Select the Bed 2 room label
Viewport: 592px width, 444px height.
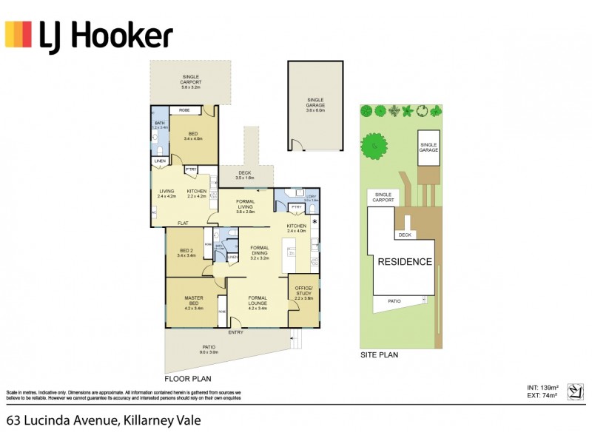(x=187, y=252)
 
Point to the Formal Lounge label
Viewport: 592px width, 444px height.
(x=259, y=300)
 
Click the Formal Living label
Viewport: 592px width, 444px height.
(x=245, y=204)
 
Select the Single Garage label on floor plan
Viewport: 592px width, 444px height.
(x=316, y=103)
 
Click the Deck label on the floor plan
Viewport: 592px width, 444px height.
(x=244, y=175)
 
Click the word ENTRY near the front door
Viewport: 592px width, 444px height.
(x=235, y=332)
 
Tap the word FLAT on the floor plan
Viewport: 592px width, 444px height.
(x=182, y=223)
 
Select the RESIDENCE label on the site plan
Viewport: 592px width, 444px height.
(x=405, y=262)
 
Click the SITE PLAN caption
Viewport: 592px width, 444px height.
(x=379, y=355)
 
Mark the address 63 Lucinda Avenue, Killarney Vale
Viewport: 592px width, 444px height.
(x=104, y=420)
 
